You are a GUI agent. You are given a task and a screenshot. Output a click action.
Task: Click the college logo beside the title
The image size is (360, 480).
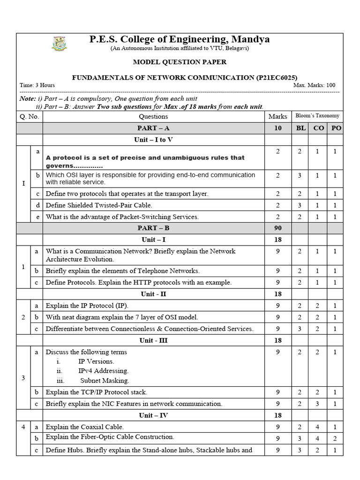coord(59,43)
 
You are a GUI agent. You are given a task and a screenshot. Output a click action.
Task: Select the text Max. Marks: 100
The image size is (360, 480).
coord(314,85)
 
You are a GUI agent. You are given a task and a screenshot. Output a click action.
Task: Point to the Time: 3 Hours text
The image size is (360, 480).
coord(37,85)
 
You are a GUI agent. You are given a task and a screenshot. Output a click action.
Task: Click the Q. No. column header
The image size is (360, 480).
coord(29,116)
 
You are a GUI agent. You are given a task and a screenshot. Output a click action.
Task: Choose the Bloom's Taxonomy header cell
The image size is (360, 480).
coord(317,116)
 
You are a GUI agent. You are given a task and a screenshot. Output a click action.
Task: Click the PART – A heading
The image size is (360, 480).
coord(153,128)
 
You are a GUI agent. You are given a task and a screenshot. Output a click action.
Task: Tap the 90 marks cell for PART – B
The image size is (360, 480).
coord(277,228)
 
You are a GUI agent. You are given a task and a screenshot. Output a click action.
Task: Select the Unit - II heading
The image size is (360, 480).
coord(153,294)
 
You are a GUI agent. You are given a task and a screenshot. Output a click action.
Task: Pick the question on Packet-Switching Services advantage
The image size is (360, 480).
coord(122,217)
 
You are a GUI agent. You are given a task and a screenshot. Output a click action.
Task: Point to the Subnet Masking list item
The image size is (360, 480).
coord(104,381)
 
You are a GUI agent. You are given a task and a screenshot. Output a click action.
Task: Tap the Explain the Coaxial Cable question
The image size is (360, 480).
coord(84,427)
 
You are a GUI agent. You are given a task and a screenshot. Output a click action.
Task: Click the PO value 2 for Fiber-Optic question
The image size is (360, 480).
coord(335,438)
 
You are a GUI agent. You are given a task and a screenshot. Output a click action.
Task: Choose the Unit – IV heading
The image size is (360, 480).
coord(153,415)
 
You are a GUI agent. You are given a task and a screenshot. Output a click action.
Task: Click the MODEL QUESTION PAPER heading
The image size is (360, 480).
coord(180,62)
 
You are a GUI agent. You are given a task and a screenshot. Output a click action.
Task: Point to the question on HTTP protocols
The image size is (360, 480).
coord(138,282)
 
